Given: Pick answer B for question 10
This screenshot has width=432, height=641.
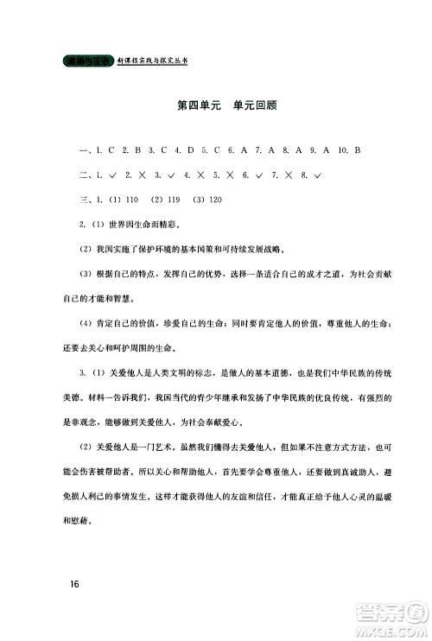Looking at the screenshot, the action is pos(356,151).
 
